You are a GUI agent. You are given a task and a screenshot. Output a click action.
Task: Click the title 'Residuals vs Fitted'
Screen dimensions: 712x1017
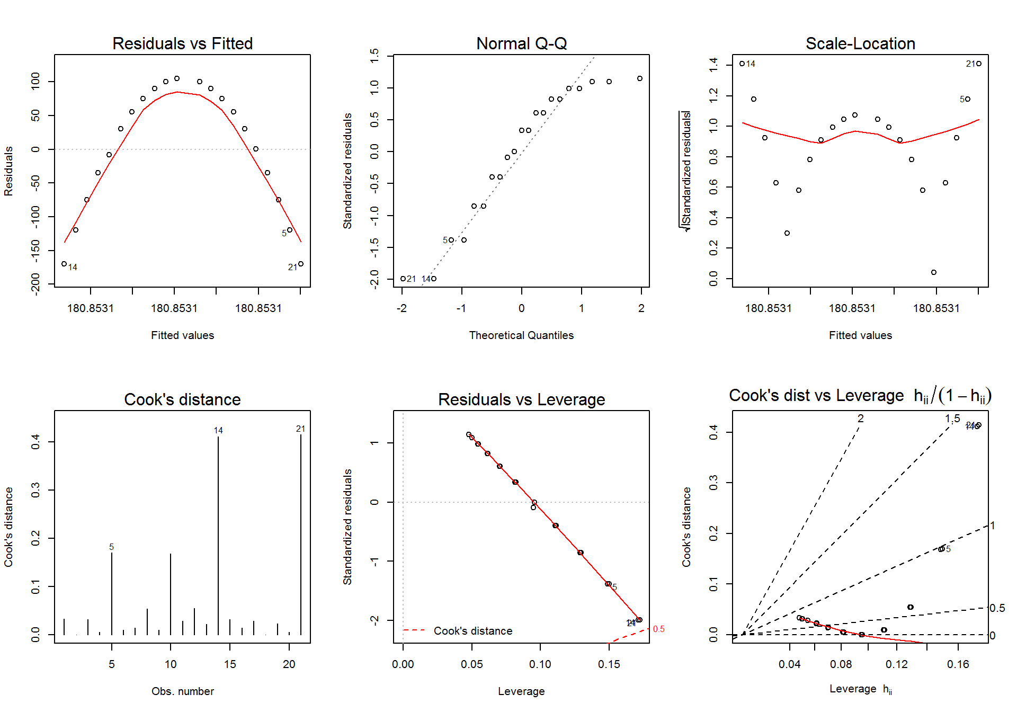tap(182, 43)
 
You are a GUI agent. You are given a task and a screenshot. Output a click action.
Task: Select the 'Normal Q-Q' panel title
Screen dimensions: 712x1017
tap(521, 43)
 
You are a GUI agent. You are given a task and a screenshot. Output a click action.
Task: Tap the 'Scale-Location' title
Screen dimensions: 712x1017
tap(860, 43)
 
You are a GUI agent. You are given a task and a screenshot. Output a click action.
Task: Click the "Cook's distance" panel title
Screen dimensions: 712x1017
tap(182, 399)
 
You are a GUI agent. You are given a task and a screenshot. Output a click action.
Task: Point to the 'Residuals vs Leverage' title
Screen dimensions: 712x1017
tap(521, 399)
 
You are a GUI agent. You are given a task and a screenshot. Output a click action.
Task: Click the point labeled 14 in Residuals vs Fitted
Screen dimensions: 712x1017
tap(64, 264)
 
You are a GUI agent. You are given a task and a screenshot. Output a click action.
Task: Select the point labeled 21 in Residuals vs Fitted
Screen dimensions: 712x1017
tap(301, 264)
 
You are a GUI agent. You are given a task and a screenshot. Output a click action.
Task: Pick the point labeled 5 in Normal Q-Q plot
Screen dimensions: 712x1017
tap(451, 240)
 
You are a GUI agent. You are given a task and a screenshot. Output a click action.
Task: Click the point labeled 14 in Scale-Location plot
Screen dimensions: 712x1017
tap(742, 64)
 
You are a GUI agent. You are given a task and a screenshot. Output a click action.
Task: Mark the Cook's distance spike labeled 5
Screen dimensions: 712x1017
tap(112, 593)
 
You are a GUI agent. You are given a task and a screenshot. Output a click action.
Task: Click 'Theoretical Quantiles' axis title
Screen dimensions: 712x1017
tap(521, 335)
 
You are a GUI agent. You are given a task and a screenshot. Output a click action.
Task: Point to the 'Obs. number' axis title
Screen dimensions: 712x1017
tap(182, 691)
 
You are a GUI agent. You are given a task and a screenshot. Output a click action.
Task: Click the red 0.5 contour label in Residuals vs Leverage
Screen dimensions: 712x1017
tap(658, 629)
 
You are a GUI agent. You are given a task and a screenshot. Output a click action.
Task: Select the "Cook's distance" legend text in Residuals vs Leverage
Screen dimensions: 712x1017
tap(473, 631)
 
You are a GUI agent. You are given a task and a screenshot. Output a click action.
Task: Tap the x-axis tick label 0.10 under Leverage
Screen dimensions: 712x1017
tap(540, 664)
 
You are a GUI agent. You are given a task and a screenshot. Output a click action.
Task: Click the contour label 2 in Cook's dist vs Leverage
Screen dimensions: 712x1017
tap(860, 419)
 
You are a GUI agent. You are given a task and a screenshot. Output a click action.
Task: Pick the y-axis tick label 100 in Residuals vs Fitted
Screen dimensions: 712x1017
tap(35, 81)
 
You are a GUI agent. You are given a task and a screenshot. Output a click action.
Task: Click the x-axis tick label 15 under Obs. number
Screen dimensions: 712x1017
tap(230, 664)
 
